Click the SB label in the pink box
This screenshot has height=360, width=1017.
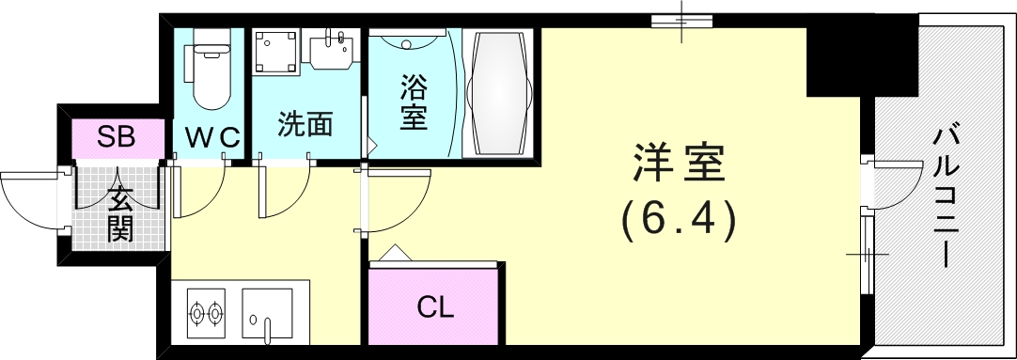click(x=117, y=138)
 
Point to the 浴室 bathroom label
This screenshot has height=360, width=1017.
click(x=414, y=104)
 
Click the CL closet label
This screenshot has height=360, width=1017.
click(x=436, y=307)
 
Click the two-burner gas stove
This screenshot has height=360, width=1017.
click(x=206, y=311)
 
